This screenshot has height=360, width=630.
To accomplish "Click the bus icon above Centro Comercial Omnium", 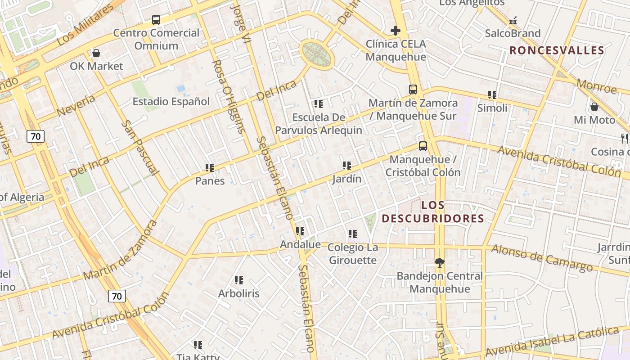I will tap(156, 20).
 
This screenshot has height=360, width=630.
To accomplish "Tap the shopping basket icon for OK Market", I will tap(96, 53).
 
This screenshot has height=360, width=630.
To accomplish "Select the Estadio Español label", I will tap(171, 102).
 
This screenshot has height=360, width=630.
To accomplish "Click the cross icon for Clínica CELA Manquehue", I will tap(396, 31).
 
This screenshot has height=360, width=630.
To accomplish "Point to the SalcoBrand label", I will tap(513, 33).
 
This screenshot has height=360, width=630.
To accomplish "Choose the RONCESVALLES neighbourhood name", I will tap(556, 50).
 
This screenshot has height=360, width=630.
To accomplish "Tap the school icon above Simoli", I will tap(492, 95).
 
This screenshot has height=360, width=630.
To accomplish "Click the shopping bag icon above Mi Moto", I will tap(594, 107).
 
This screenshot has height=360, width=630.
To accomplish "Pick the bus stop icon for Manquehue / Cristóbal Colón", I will tap(423, 146).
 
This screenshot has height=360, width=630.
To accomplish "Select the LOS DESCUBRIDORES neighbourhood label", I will tap(432, 212).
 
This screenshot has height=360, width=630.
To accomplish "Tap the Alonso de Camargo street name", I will tap(542, 258).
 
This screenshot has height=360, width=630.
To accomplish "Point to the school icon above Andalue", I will tap(300, 231).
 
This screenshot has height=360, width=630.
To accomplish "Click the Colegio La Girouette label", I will tap(352, 254).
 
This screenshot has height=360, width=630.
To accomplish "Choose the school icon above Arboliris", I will tap(239, 280).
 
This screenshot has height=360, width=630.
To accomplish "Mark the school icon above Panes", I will tap(209, 168).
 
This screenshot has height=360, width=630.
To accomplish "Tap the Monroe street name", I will tap(596, 86).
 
